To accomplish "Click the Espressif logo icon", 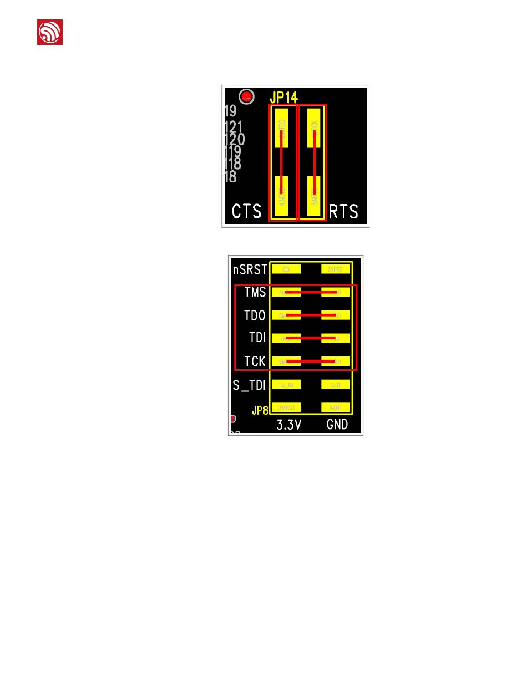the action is (x=50, y=32).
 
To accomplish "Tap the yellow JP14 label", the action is (x=283, y=98).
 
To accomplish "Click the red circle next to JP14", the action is (x=246, y=96).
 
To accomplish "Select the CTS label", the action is (x=246, y=211).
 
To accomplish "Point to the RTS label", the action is (x=343, y=211).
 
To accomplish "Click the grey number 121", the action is (x=233, y=128).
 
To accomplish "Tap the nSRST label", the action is (x=250, y=269).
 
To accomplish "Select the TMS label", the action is (x=255, y=292).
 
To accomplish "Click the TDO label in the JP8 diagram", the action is (x=255, y=315).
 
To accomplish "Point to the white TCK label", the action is (x=255, y=361).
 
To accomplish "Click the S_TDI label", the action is (x=250, y=384).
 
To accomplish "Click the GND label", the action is (x=337, y=425).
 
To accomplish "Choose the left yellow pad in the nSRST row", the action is (x=286, y=269).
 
